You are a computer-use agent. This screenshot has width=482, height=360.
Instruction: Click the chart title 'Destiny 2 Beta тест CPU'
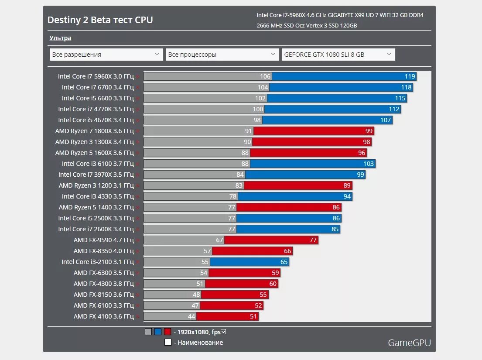click(100, 20)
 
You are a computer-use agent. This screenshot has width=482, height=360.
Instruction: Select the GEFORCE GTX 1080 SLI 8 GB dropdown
click(338, 55)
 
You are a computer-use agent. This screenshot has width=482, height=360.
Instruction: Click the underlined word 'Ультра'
click(60, 38)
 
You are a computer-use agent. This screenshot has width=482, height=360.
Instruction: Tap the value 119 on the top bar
click(410, 76)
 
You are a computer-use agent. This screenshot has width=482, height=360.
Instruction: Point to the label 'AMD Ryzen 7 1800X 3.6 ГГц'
click(94, 131)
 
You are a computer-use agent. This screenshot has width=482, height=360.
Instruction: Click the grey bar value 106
click(265, 76)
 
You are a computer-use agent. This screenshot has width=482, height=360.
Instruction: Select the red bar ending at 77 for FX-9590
click(271, 240)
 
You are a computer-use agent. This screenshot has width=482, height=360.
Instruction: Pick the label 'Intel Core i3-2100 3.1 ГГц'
click(97, 262)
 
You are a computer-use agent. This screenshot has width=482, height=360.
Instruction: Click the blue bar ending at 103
click(312, 164)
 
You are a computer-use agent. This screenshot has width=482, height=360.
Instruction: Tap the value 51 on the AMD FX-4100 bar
click(253, 316)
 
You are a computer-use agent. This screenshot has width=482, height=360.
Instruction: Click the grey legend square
click(148, 332)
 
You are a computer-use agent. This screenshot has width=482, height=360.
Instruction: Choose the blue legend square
click(158, 332)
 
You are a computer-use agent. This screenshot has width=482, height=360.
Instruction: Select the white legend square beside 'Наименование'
click(168, 343)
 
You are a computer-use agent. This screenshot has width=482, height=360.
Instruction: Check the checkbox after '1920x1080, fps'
click(223, 332)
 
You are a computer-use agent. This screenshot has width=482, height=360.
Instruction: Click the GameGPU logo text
click(409, 343)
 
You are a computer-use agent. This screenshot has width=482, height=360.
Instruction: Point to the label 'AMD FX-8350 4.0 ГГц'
click(103, 251)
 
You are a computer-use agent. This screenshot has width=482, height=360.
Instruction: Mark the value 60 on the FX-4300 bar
click(273, 284)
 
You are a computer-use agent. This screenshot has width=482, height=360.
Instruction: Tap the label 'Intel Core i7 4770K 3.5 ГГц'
click(96, 109)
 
